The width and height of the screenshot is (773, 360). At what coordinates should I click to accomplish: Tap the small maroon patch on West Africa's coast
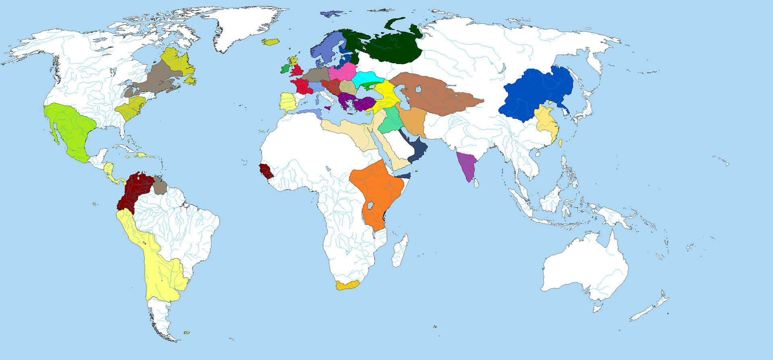[x=265, y=171]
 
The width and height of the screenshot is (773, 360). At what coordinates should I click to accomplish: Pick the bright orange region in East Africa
[x=378, y=189]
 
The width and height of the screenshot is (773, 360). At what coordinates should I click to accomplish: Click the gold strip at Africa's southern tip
[x=347, y=285]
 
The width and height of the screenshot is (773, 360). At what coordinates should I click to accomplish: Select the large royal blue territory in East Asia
[x=535, y=95]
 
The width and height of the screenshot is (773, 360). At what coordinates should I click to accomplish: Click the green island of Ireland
[x=285, y=69]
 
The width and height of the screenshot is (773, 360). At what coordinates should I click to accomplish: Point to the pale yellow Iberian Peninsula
[x=287, y=102]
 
